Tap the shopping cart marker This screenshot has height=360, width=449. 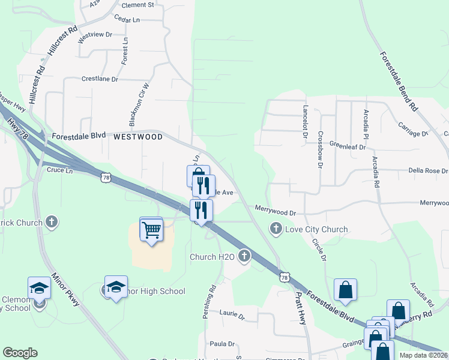(151, 229)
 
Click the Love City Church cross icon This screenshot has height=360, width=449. (276, 228)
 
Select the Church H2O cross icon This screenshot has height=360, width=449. (244, 257)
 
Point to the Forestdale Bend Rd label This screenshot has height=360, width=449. (398, 82)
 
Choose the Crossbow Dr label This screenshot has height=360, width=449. (321, 149)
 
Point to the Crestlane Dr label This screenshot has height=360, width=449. (100, 79)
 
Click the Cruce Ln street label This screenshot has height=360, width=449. (59, 170)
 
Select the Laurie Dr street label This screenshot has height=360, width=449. (232, 314)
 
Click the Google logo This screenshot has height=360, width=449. (20, 353)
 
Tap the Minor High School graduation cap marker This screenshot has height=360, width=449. (116, 287)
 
